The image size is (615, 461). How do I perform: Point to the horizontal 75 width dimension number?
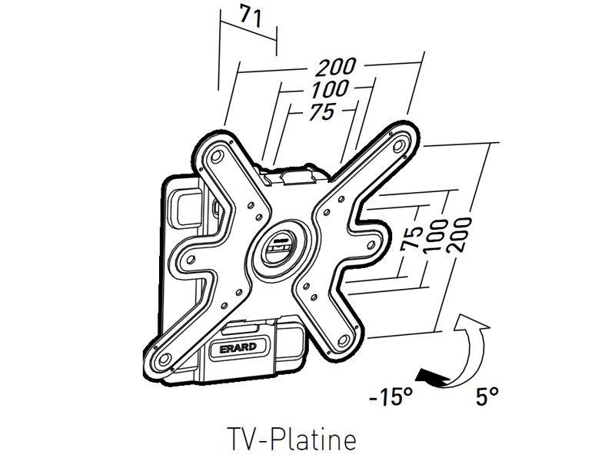pos(320,111)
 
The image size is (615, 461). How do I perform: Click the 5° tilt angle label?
pos(487,397)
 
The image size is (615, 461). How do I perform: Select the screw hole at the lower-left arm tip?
pos(161,359)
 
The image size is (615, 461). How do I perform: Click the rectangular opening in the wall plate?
pos(183,205)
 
